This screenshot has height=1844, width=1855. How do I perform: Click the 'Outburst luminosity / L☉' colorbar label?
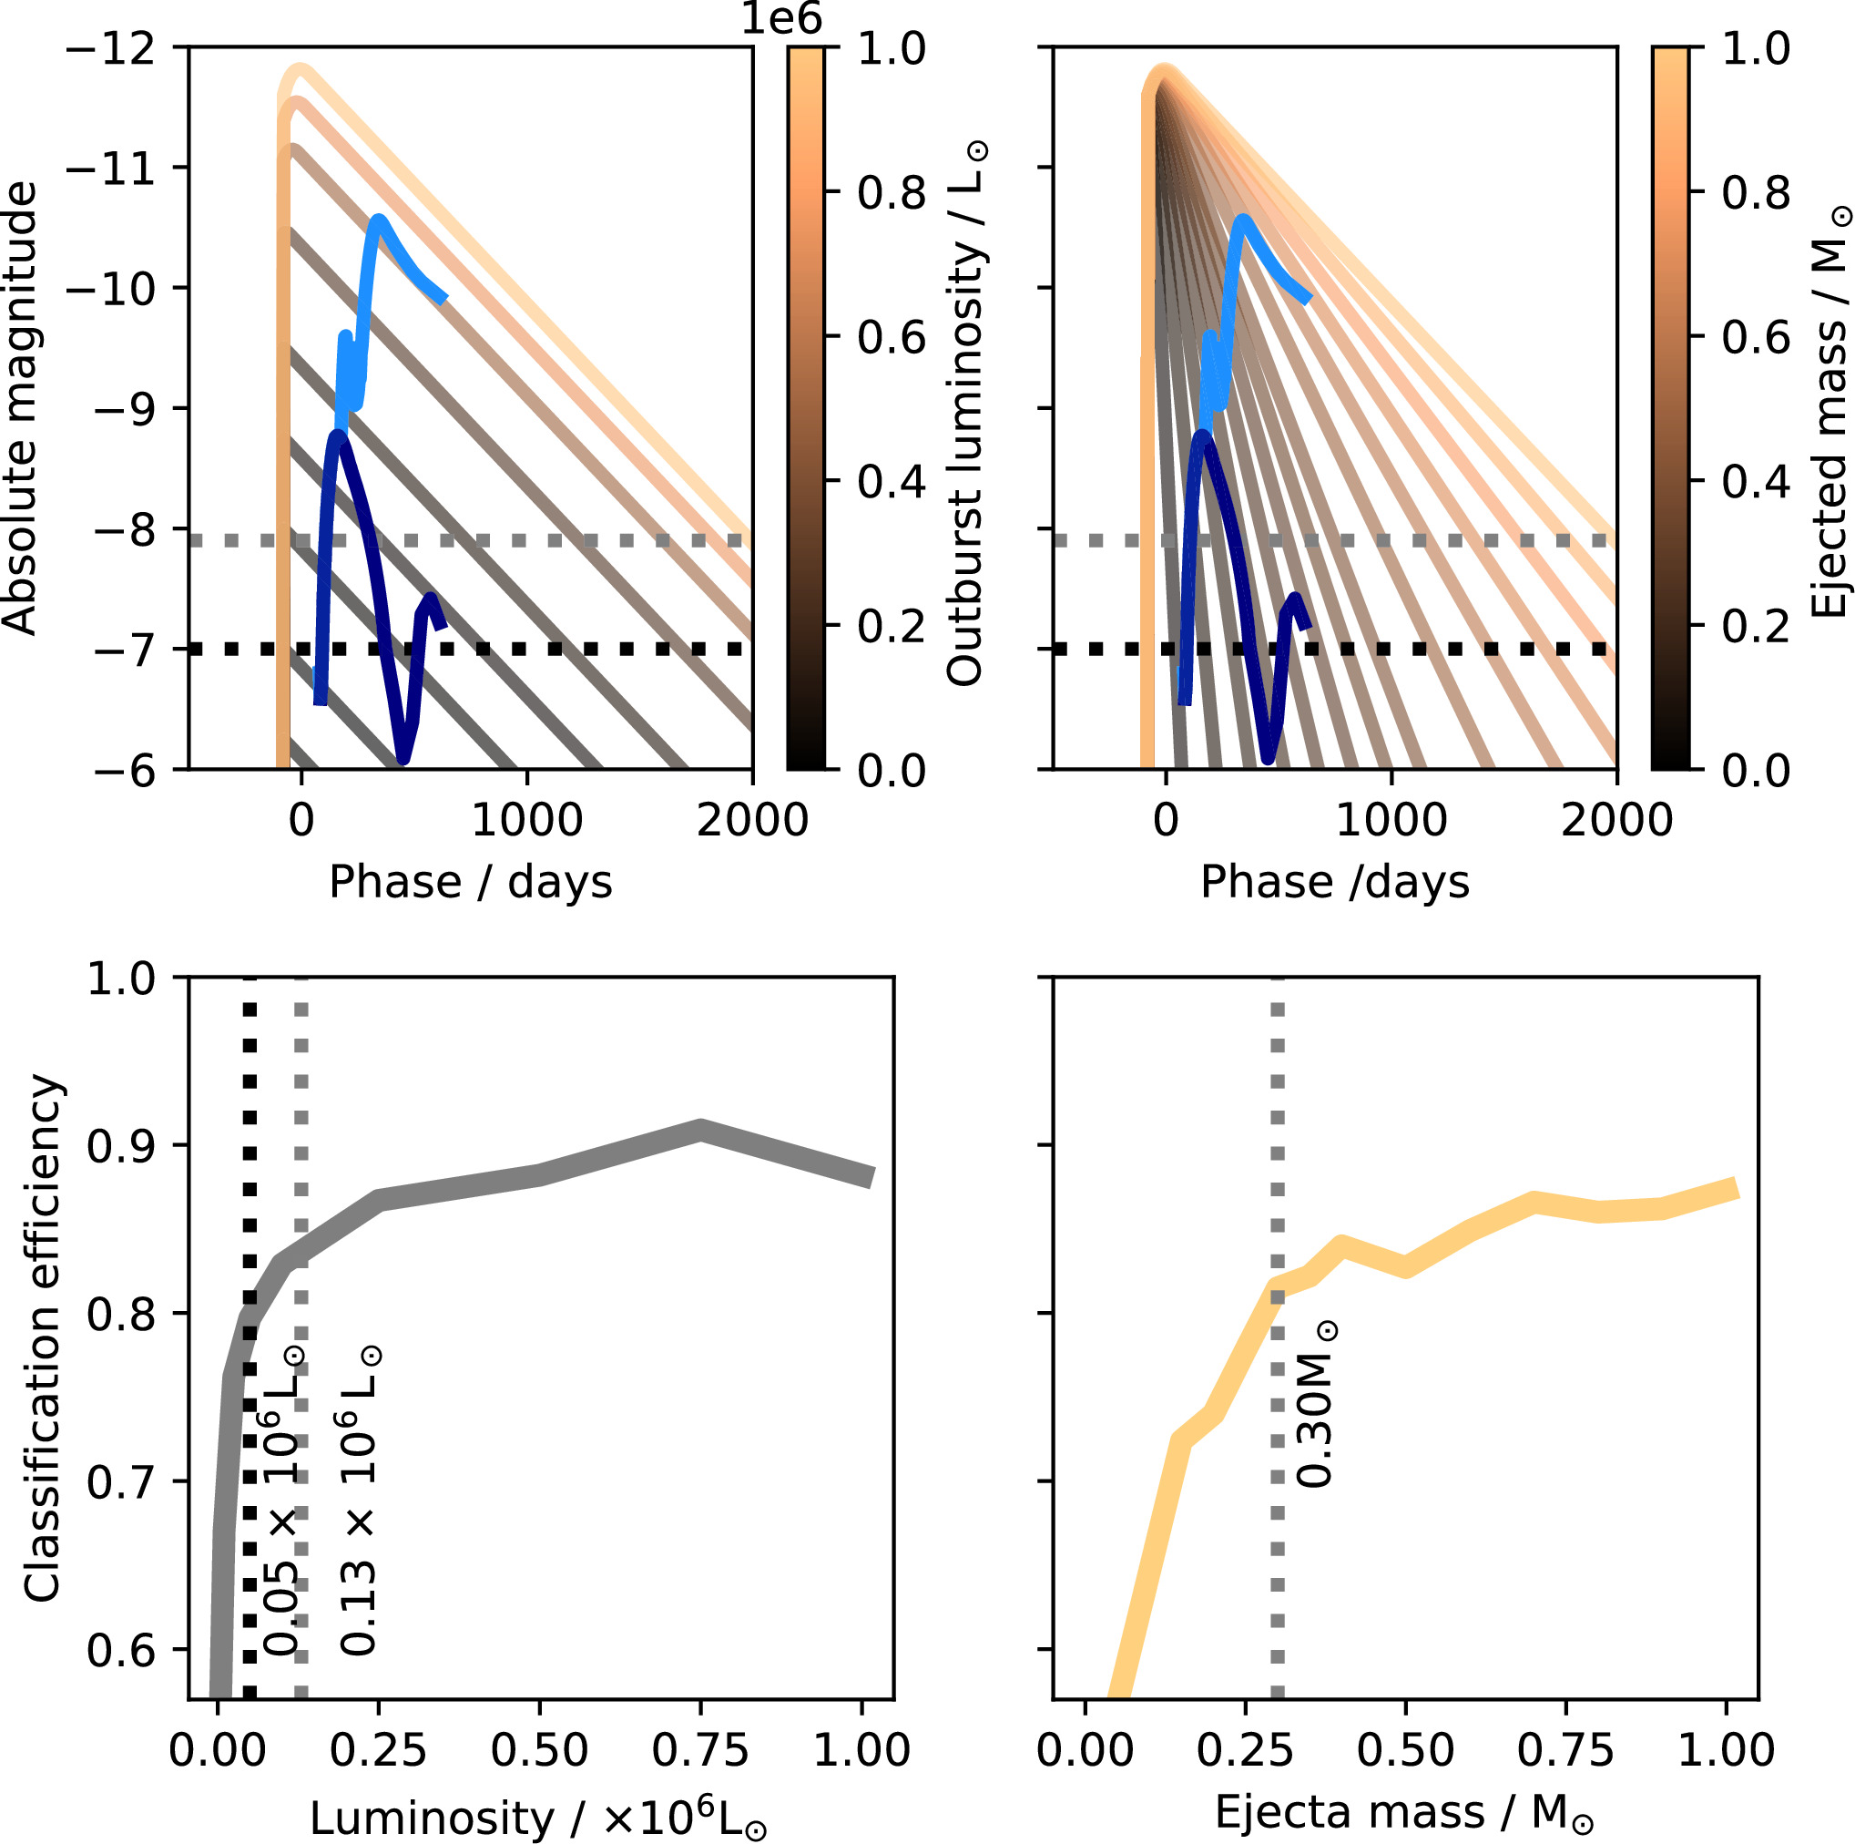tap(966, 413)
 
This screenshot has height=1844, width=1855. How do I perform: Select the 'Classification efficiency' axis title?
tap(42, 1339)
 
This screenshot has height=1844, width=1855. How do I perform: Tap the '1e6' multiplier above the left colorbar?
tap(781, 19)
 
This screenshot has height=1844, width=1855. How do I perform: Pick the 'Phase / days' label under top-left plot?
tap(471, 882)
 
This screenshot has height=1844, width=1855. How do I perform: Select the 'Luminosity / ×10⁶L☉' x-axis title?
tap(537, 1818)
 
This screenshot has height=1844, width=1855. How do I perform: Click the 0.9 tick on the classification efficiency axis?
tap(121, 1146)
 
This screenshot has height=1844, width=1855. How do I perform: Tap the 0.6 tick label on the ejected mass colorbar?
tap(1756, 337)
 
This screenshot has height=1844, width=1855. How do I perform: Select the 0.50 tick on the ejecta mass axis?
tap(1405, 1749)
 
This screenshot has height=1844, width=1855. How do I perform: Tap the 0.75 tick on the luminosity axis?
tap(701, 1749)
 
